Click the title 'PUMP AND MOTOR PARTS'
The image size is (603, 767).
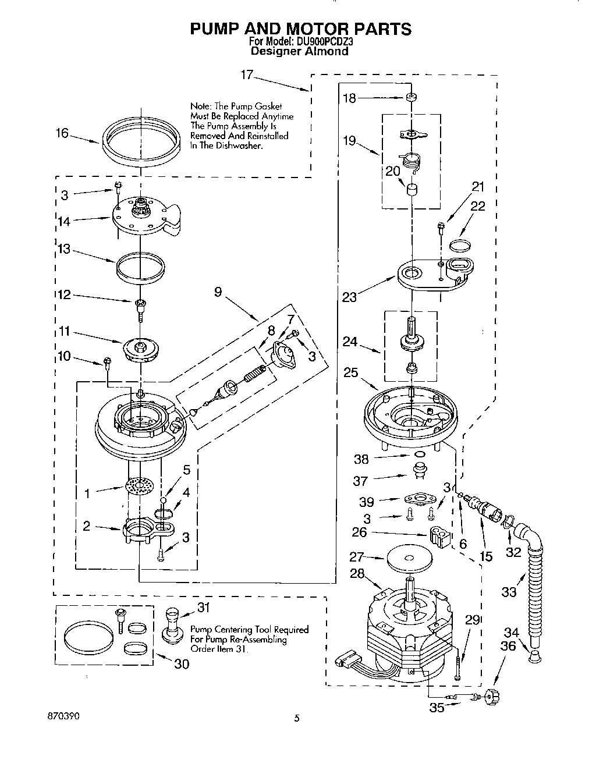[x=300, y=29]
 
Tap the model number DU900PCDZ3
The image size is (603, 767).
[x=318, y=42]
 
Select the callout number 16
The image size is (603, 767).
[x=62, y=133]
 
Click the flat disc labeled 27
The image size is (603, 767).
[x=409, y=559]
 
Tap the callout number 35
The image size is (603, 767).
[x=436, y=708]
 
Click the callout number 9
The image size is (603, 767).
[x=218, y=292]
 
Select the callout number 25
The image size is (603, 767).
[x=350, y=372]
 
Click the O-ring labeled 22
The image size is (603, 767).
[x=461, y=244]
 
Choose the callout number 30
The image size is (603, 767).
[x=182, y=663]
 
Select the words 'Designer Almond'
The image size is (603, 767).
[x=299, y=51]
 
